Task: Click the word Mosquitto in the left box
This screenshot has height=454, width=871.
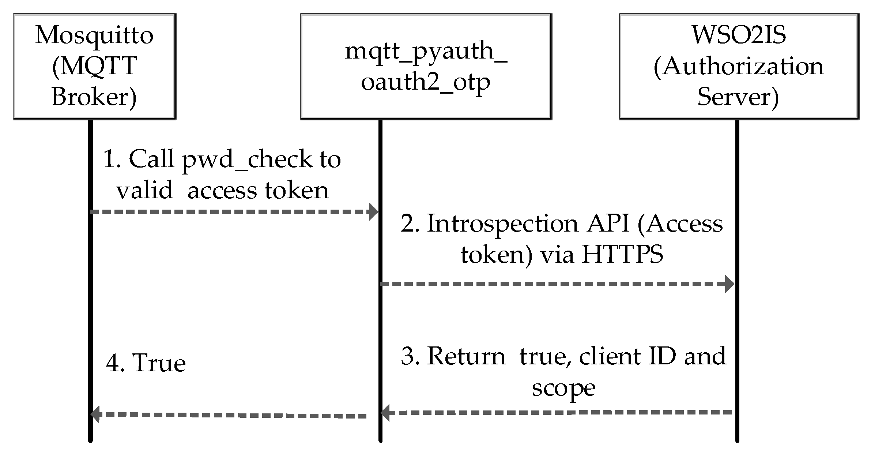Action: pos(94,35)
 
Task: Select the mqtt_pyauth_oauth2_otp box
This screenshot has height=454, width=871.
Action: pos(426,67)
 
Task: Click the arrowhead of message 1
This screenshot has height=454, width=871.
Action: pos(374,212)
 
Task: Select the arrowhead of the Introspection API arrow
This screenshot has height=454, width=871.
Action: pos(729,284)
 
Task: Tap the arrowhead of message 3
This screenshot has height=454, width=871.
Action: pos(385,413)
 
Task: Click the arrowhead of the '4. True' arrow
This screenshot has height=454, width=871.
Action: pos(95,414)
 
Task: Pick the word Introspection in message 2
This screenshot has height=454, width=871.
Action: pos(503,224)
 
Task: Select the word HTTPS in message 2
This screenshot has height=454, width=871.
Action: pos(622,254)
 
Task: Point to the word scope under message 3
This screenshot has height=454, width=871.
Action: pos(563,388)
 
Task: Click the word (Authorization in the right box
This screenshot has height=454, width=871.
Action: pos(738,67)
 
